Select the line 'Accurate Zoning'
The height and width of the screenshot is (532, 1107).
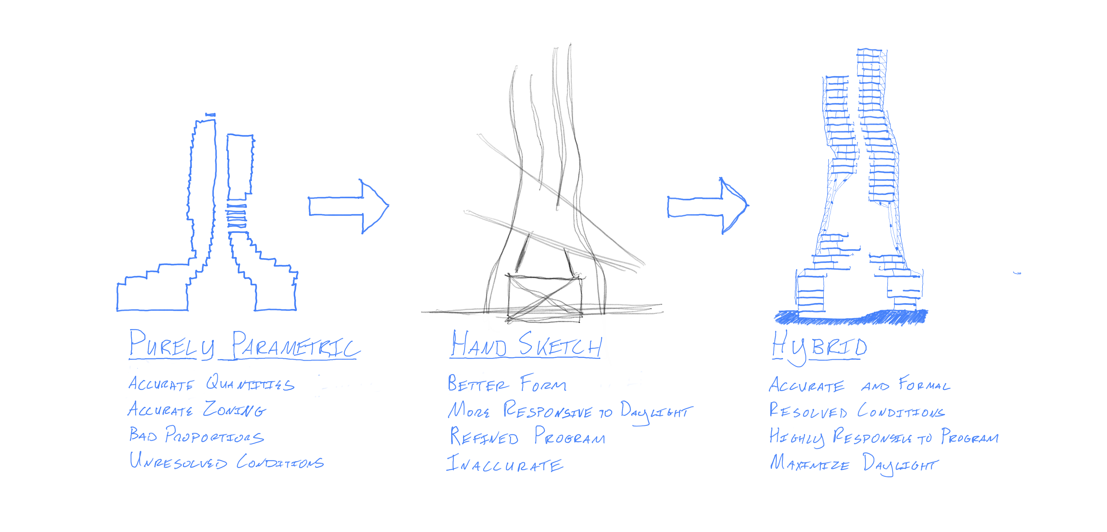197,410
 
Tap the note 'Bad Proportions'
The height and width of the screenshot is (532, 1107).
197,436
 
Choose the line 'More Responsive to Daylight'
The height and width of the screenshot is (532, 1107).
570,411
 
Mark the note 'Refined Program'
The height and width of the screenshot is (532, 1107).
527,437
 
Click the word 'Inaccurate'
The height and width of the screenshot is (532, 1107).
505,464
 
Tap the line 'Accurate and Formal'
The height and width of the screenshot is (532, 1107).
859,385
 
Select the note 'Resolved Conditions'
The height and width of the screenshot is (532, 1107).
857,411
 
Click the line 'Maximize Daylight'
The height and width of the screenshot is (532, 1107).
853,464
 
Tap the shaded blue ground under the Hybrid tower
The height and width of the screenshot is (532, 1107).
851,318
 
